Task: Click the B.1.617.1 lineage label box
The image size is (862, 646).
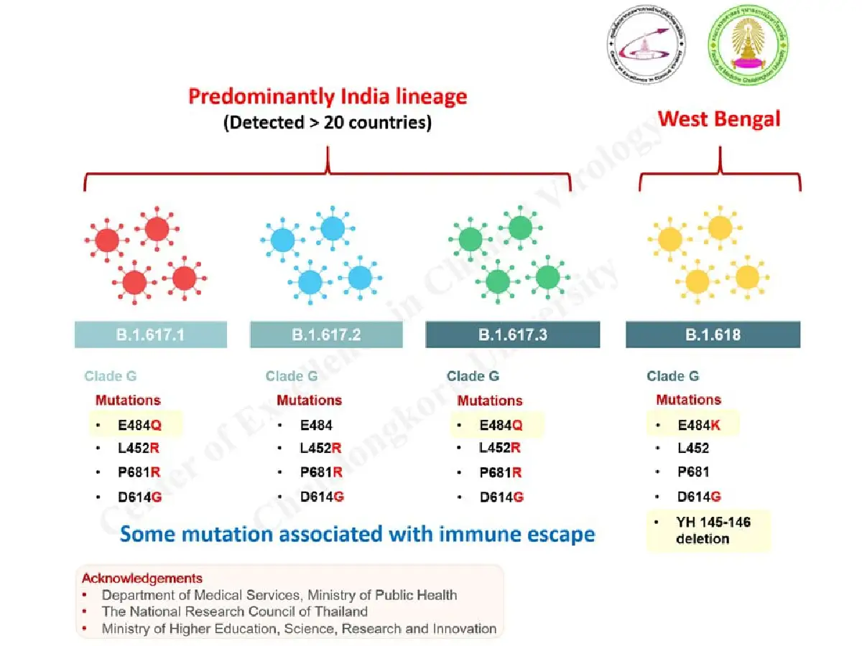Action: (x=151, y=334)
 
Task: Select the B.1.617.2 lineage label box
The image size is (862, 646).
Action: (x=326, y=334)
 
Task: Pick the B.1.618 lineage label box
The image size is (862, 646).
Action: (x=713, y=334)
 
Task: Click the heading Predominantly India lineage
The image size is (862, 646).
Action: (x=328, y=97)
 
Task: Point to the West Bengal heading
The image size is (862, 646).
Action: (x=719, y=118)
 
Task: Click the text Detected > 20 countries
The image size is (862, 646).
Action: (x=328, y=123)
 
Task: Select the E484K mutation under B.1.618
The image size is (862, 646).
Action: (x=700, y=425)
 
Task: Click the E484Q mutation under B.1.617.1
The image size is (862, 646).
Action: (x=140, y=425)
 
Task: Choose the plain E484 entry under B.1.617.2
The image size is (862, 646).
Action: (x=316, y=425)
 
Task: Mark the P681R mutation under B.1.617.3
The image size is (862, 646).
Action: (x=501, y=472)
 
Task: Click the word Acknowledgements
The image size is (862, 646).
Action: (x=142, y=579)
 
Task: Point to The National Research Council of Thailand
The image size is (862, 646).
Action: (x=235, y=612)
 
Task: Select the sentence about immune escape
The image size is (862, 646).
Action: (x=357, y=535)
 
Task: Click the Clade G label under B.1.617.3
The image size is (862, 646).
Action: (x=473, y=376)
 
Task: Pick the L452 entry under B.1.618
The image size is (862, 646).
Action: (x=693, y=449)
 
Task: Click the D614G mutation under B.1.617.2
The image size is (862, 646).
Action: (x=322, y=497)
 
